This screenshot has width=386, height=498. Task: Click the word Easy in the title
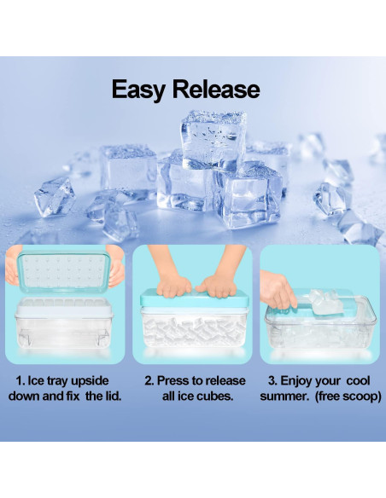138,90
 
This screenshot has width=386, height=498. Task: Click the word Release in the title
216,90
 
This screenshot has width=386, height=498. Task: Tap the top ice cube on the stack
214,139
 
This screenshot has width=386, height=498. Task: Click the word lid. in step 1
111,396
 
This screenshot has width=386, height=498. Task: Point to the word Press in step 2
173,380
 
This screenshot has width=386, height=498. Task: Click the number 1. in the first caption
20,381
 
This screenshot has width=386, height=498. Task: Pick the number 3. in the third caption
272,381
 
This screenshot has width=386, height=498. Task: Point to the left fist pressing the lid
174,285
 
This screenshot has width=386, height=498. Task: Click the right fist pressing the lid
216,286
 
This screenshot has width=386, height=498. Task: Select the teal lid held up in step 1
63,271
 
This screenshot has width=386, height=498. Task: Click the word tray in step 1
58,381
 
